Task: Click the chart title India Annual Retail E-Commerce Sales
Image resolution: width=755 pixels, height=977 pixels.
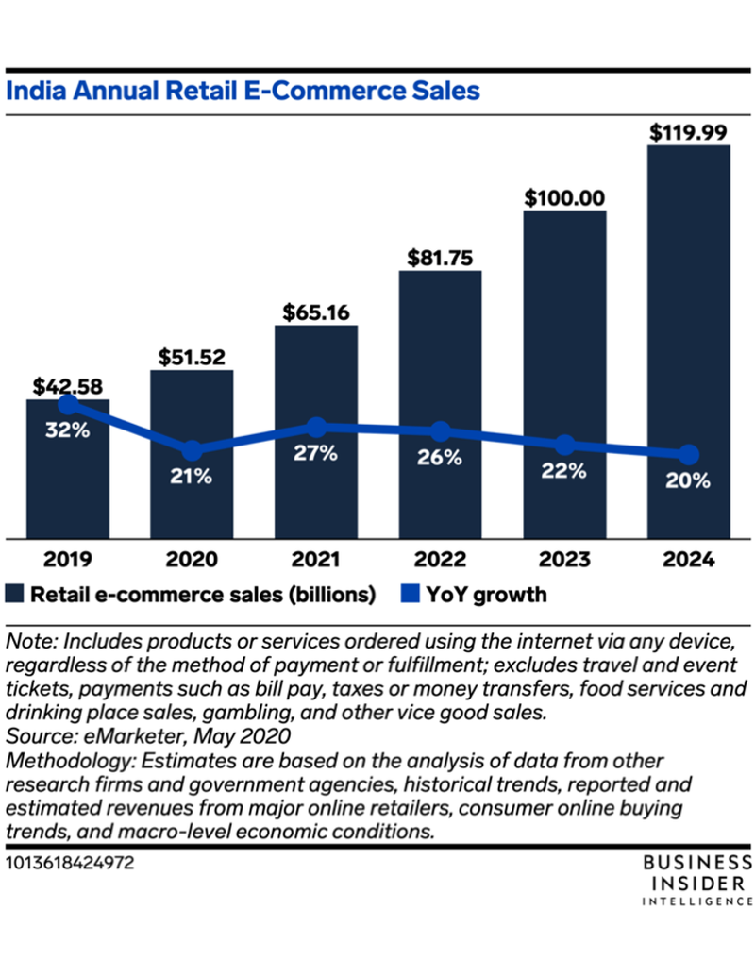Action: tap(243, 91)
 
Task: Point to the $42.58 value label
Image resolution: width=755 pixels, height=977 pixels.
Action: tap(67, 386)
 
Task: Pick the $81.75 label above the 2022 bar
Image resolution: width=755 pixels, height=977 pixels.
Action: tap(440, 257)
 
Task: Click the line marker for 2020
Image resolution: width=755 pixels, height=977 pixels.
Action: tap(192, 450)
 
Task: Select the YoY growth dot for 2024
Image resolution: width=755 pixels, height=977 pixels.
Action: tap(688, 455)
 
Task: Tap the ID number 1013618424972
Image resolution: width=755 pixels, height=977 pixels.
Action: tap(68, 862)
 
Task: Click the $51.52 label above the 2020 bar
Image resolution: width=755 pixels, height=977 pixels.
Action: tap(192, 356)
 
